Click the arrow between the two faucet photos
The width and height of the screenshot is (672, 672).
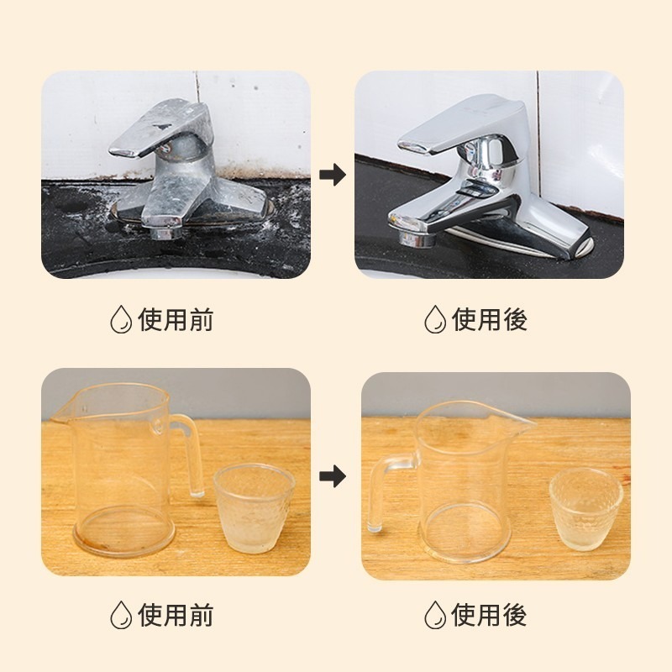coord(333,176)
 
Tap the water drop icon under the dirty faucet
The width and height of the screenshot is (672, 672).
coord(121,319)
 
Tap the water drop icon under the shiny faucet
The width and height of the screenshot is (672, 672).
coord(434,319)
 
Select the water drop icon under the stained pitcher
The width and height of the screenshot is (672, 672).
coord(121,615)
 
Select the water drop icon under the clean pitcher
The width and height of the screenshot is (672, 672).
coord(434,615)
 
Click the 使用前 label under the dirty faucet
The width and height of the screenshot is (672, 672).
coord(176,319)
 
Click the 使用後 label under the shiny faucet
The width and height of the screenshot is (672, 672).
coord(490,319)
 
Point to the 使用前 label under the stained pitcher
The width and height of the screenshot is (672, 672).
coord(176,615)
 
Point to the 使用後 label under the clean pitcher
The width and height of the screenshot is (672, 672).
coord(490,615)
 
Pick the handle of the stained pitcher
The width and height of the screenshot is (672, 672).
coord(191,454)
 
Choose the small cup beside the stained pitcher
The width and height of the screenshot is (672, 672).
coord(254,508)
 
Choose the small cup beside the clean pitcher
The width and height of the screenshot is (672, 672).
coord(586,508)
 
